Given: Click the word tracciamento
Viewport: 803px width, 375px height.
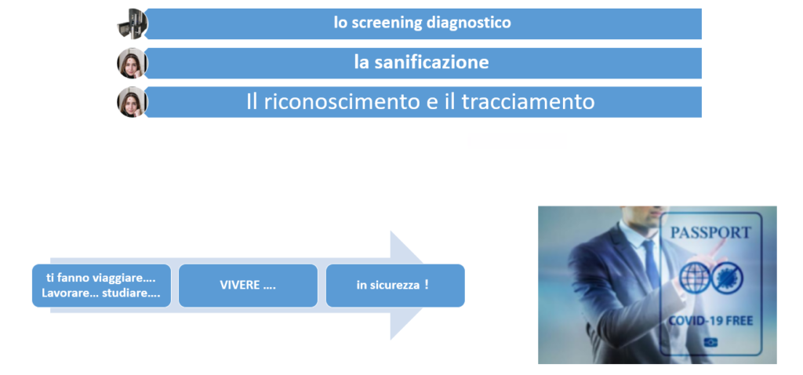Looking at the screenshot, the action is [x=528, y=101].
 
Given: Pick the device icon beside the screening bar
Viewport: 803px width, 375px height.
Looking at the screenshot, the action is [x=132, y=24].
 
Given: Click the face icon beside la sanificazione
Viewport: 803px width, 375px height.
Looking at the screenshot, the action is [x=132, y=63].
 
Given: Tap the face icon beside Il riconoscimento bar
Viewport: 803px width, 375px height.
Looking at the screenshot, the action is [x=132, y=102].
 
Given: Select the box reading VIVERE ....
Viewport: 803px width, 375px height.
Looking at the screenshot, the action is [x=248, y=286].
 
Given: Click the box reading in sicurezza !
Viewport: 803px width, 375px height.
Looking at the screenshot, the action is [x=395, y=286].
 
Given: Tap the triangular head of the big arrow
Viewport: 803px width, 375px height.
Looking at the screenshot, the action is [x=405, y=286].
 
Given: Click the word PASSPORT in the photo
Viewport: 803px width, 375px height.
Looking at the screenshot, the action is [x=710, y=232].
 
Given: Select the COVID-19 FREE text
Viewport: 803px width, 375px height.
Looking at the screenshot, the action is [x=710, y=321].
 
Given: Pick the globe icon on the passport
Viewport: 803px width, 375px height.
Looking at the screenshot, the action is [x=695, y=278].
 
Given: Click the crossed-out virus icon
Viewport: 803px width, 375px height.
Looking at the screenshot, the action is [x=728, y=278].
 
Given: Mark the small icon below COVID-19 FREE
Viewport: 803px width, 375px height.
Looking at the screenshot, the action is [x=710, y=342].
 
